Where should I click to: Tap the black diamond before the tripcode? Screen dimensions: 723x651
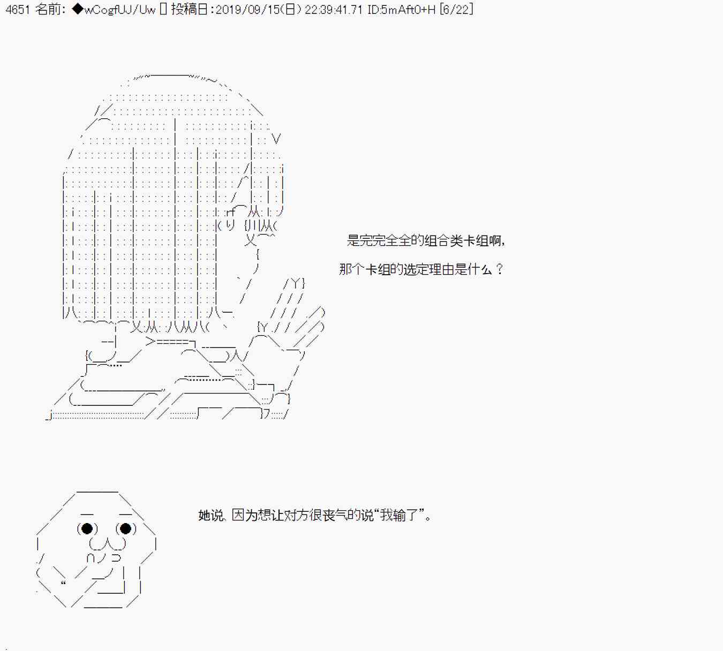tap(77, 10)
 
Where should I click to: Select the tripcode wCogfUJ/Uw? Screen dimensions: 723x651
tap(119, 10)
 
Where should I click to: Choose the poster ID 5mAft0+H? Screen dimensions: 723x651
tap(408, 10)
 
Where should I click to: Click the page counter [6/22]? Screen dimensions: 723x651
tap(456, 10)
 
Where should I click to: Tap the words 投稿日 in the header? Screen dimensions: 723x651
tap(189, 10)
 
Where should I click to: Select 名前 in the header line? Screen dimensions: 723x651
tap(49, 10)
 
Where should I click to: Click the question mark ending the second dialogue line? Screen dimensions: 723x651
tap(500, 269)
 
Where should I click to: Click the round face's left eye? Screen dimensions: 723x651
tap(87, 529)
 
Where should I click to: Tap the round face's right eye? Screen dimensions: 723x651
tap(126, 529)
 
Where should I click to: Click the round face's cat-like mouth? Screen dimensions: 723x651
tap(107, 544)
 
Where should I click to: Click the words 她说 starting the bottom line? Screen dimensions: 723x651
tap(210, 515)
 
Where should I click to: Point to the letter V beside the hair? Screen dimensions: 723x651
tap(276, 139)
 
